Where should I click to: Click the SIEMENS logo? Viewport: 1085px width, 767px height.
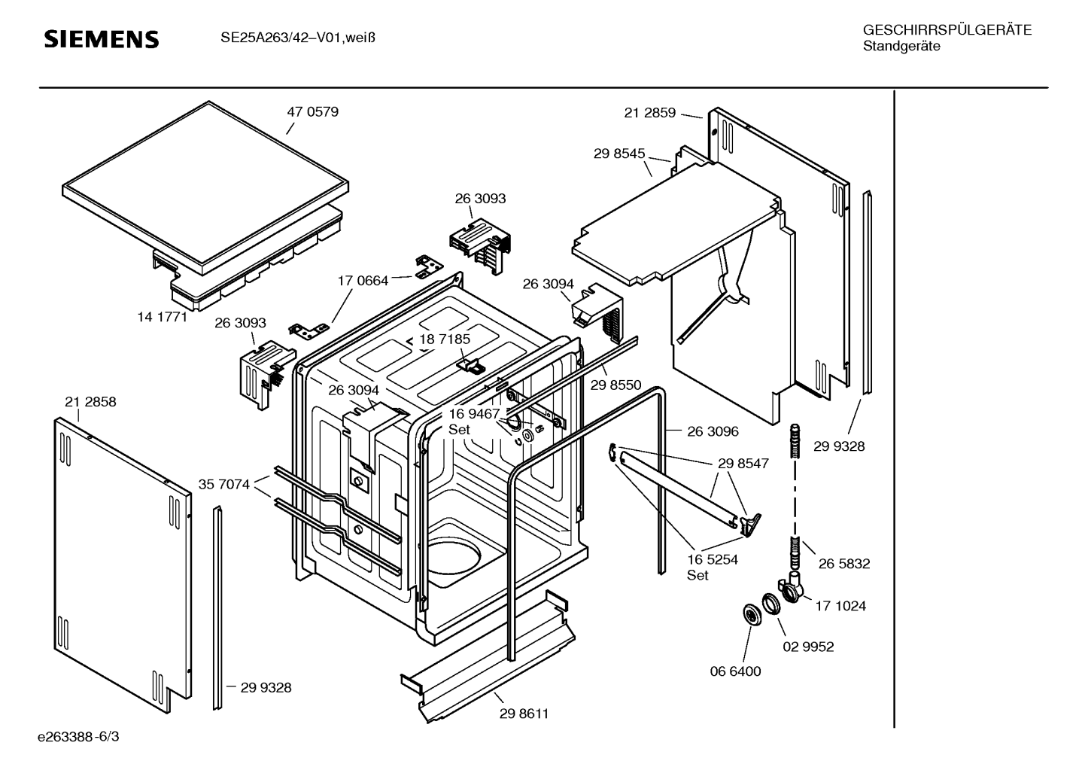(x=102, y=39)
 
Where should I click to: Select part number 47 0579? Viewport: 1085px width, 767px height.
(x=312, y=112)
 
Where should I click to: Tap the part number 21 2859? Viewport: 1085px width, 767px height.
(x=650, y=113)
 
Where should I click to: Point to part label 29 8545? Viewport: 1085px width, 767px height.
(x=619, y=154)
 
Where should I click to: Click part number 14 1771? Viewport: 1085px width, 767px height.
(x=162, y=317)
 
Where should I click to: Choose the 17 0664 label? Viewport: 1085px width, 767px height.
(x=363, y=281)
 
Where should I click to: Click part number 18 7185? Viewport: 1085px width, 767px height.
(x=445, y=339)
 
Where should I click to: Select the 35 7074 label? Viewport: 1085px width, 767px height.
(x=223, y=484)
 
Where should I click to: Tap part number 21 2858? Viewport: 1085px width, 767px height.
(x=90, y=402)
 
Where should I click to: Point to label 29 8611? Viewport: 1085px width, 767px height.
(x=524, y=714)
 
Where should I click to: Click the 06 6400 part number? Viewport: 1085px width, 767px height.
(x=735, y=671)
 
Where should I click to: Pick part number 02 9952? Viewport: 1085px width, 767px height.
(x=808, y=647)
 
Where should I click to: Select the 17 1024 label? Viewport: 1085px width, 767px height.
(x=840, y=606)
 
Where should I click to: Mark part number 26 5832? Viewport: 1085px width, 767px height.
(x=844, y=564)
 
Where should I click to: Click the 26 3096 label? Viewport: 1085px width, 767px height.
(x=713, y=431)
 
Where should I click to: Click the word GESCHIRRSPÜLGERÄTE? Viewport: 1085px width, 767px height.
(x=947, y=31)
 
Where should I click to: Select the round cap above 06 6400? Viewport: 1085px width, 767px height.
(x=751, y=615)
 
